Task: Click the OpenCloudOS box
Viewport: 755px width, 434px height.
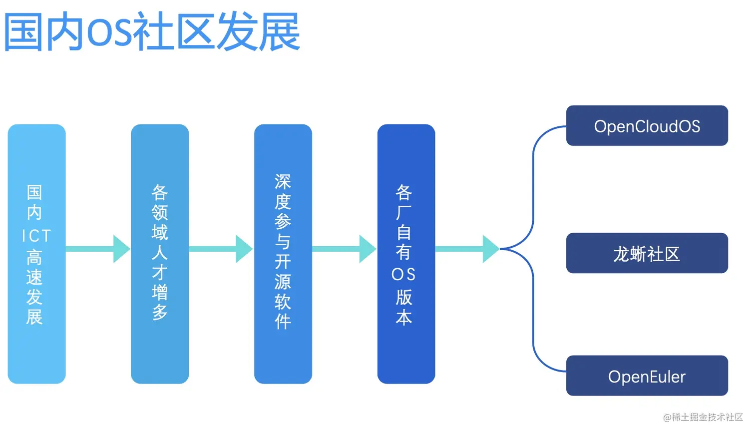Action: [647, 126]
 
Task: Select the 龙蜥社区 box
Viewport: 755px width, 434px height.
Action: [647, 253]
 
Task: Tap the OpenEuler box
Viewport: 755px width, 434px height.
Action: [647, 376]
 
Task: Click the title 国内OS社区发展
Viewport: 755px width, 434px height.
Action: [152, 32]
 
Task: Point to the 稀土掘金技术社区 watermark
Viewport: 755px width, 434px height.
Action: [703, 417]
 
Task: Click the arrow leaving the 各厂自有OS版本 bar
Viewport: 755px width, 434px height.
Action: [467, 249]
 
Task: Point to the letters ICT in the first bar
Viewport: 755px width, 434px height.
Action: [36, 235]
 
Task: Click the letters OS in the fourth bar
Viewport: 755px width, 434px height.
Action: [403, 274]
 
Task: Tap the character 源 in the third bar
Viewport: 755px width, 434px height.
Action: [283, 282]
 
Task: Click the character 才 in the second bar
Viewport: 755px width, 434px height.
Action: [160, 272]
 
